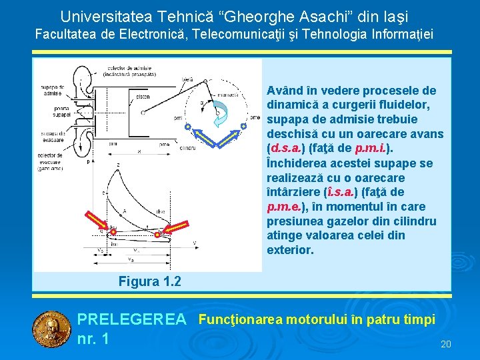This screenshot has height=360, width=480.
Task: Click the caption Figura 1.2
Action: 149,281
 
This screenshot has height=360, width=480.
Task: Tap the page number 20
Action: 446,344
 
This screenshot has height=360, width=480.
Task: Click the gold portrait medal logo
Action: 51,328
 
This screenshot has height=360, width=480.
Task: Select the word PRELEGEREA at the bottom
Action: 132,321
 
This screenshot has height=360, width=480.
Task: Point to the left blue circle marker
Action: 188,126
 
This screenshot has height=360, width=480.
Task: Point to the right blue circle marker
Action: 244,126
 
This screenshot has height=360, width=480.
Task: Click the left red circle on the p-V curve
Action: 113,231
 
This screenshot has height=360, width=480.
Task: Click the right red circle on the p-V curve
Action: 157,235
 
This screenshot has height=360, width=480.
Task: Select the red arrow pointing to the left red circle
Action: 97,221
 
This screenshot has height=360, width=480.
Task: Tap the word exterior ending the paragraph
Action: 289,251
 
